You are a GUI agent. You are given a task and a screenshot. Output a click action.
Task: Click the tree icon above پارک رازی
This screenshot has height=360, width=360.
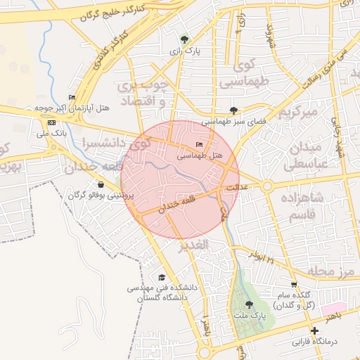184,39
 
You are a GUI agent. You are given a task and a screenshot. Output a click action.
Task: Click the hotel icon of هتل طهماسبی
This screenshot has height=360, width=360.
199,144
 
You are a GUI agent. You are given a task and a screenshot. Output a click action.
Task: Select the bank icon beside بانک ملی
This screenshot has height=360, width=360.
51,123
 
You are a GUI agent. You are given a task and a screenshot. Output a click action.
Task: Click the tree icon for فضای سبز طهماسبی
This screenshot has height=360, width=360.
233,110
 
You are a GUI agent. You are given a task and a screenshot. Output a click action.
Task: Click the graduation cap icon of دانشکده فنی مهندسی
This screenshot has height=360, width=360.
162,278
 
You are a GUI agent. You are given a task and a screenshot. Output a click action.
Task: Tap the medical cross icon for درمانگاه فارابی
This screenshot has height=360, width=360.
314,330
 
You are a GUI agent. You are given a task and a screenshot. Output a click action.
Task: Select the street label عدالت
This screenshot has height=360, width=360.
237,188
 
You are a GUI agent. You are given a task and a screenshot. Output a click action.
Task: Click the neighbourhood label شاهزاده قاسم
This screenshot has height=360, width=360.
304,207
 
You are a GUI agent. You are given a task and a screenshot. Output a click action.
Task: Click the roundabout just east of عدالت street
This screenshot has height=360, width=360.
267,186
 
